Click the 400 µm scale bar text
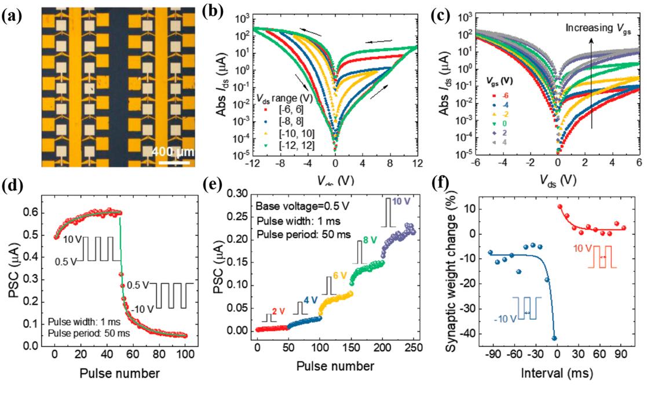click(173, 152)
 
